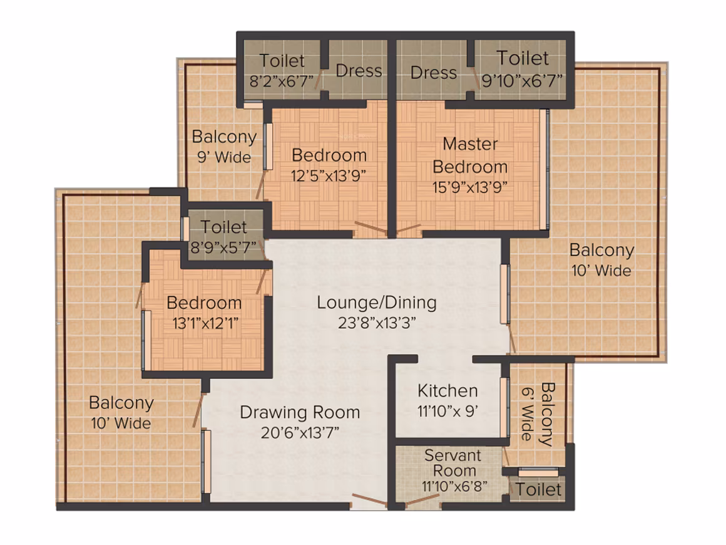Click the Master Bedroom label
[470, 155]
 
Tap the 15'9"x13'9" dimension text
[470, 187]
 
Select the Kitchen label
[447, 391]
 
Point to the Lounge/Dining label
[376, 303]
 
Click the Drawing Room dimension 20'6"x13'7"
[300, 433]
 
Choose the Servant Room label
[453, 462]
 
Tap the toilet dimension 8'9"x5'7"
[223, 247]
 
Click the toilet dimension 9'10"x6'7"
[522, 81]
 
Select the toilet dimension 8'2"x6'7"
[282, 81]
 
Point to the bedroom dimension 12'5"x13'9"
[329, 175]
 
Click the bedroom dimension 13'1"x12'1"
[205, 323]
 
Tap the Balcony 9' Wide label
[224, 147]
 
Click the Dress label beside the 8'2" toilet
[359, 71]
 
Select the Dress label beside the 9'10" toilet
[433, 73]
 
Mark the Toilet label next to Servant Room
[538, 489]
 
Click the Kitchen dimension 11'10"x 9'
[447, 411]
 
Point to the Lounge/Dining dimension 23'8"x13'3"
[376, 323]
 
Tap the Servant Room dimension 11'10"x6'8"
[454, 486]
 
